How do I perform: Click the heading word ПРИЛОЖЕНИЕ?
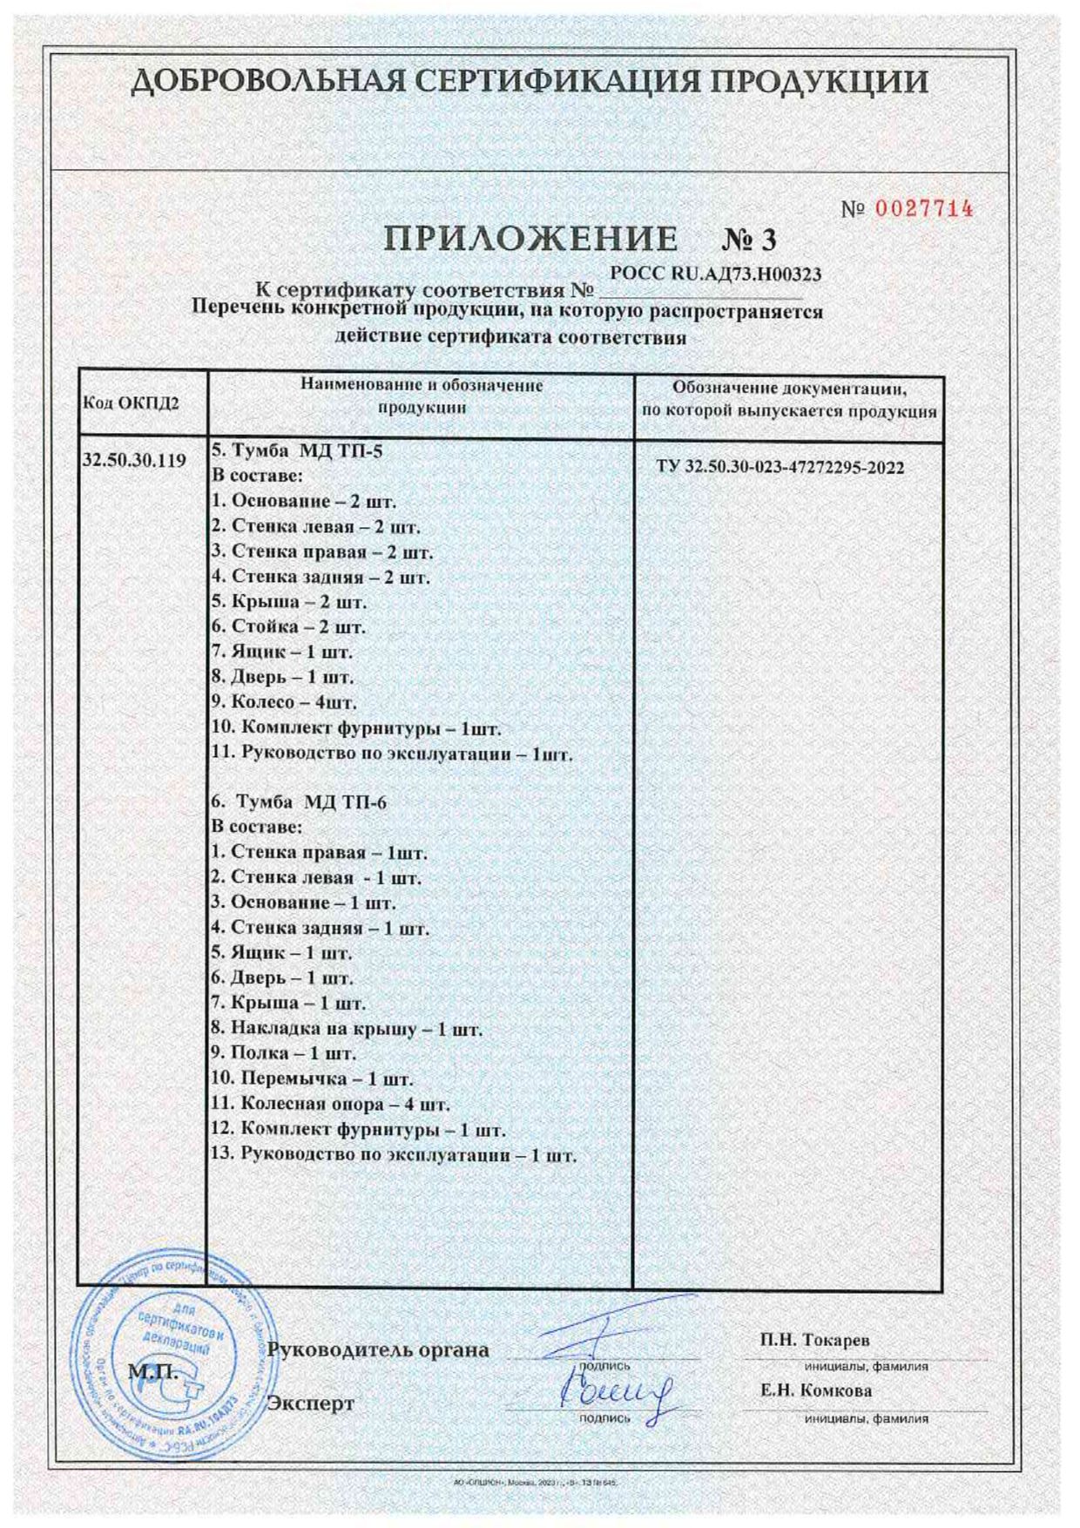pyautogui.click(x=531, y=239)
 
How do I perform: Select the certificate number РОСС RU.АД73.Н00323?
pyautogui.click(x=716, y=274)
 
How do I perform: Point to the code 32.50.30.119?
pyautogui.click(x=133, y=461)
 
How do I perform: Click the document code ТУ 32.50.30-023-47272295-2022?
pyautogui.click(x=780, y=468)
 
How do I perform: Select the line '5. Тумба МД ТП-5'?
pyautogui.click(x=297, y=451)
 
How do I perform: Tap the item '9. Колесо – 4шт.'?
pyautogui.click(x=284, y=702)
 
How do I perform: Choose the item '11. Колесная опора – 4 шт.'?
pyautogui.click(x=331, y=1105)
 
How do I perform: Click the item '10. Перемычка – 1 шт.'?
pyautogui.click(x=312, y=1078)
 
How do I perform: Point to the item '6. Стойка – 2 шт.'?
pyautogui.click(x=288, y=626)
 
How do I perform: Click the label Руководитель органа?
pyautogui.click(x=378, y=1351)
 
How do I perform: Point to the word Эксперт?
pyautogui.click(x=311, y=1403)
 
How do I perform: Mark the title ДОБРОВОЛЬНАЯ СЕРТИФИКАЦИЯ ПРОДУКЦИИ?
pyautogui.click(x=530, y=83)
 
